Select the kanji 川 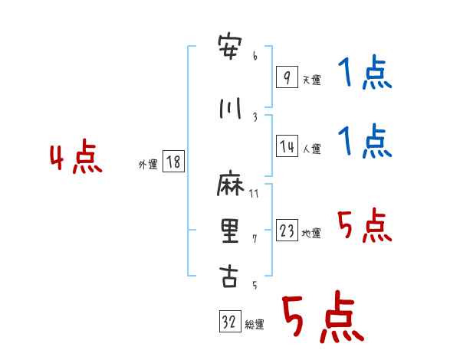point(230,109)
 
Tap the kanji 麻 point(230,183)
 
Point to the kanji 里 point(230,231)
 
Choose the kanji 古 point(228,276)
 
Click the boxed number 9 point(287,77)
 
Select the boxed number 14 point(287,146)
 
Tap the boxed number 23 point(287,230)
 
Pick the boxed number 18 point(173,162)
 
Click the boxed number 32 point(230,321)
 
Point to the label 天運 point(312,80)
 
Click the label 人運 point(312,149)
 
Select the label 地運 point(311,233)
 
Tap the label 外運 point(148,165)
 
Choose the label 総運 point(255,324)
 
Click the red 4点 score point(76,156)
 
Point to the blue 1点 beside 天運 point(365,72)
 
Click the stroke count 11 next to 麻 point(254,194)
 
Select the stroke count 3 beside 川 point(255,117)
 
